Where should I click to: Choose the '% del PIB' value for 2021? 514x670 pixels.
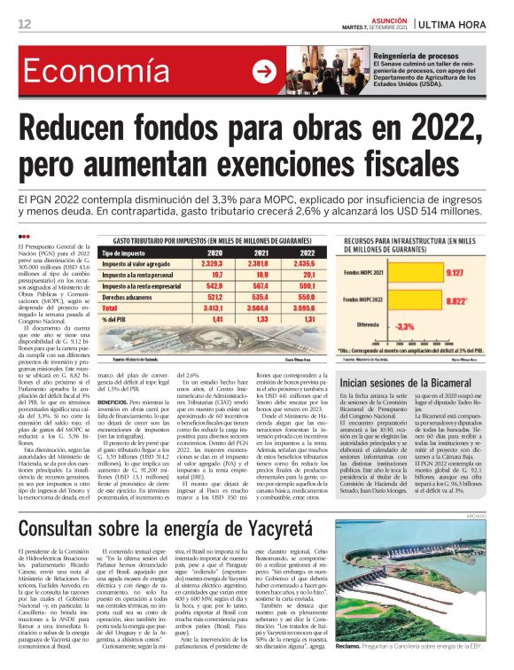point(241,318)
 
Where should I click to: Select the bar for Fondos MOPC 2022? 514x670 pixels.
point(420,302)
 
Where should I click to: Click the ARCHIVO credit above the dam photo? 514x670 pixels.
point(502,490)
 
